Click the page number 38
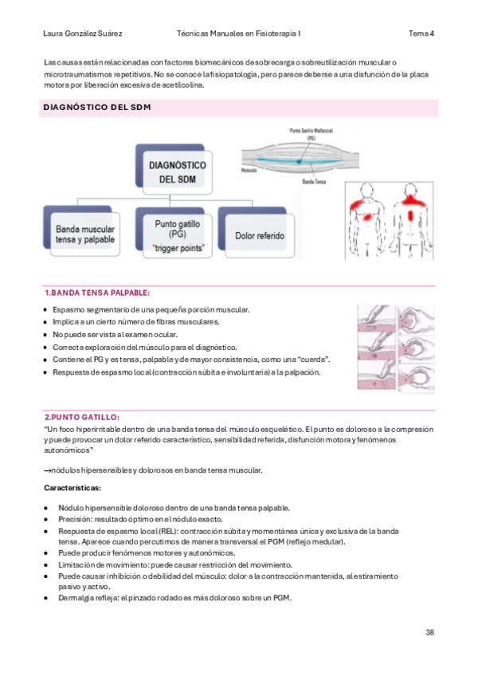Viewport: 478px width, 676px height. pyautogui.click(x=429, y=632)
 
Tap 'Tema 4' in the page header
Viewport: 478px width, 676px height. pyautogui.click(x=421, y=33)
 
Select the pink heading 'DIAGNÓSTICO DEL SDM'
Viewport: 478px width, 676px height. pyautogui.click(x=96, y=108)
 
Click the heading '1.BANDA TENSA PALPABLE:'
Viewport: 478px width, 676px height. pyautogui.click(x=96, y=293)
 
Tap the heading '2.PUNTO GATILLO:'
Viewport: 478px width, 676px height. pyautogui.click(x=82, y=416)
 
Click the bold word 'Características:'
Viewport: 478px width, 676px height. pyautogui.click(x=72, y=488)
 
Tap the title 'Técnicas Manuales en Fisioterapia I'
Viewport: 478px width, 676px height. pyautogui.click(x=244, y=33)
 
